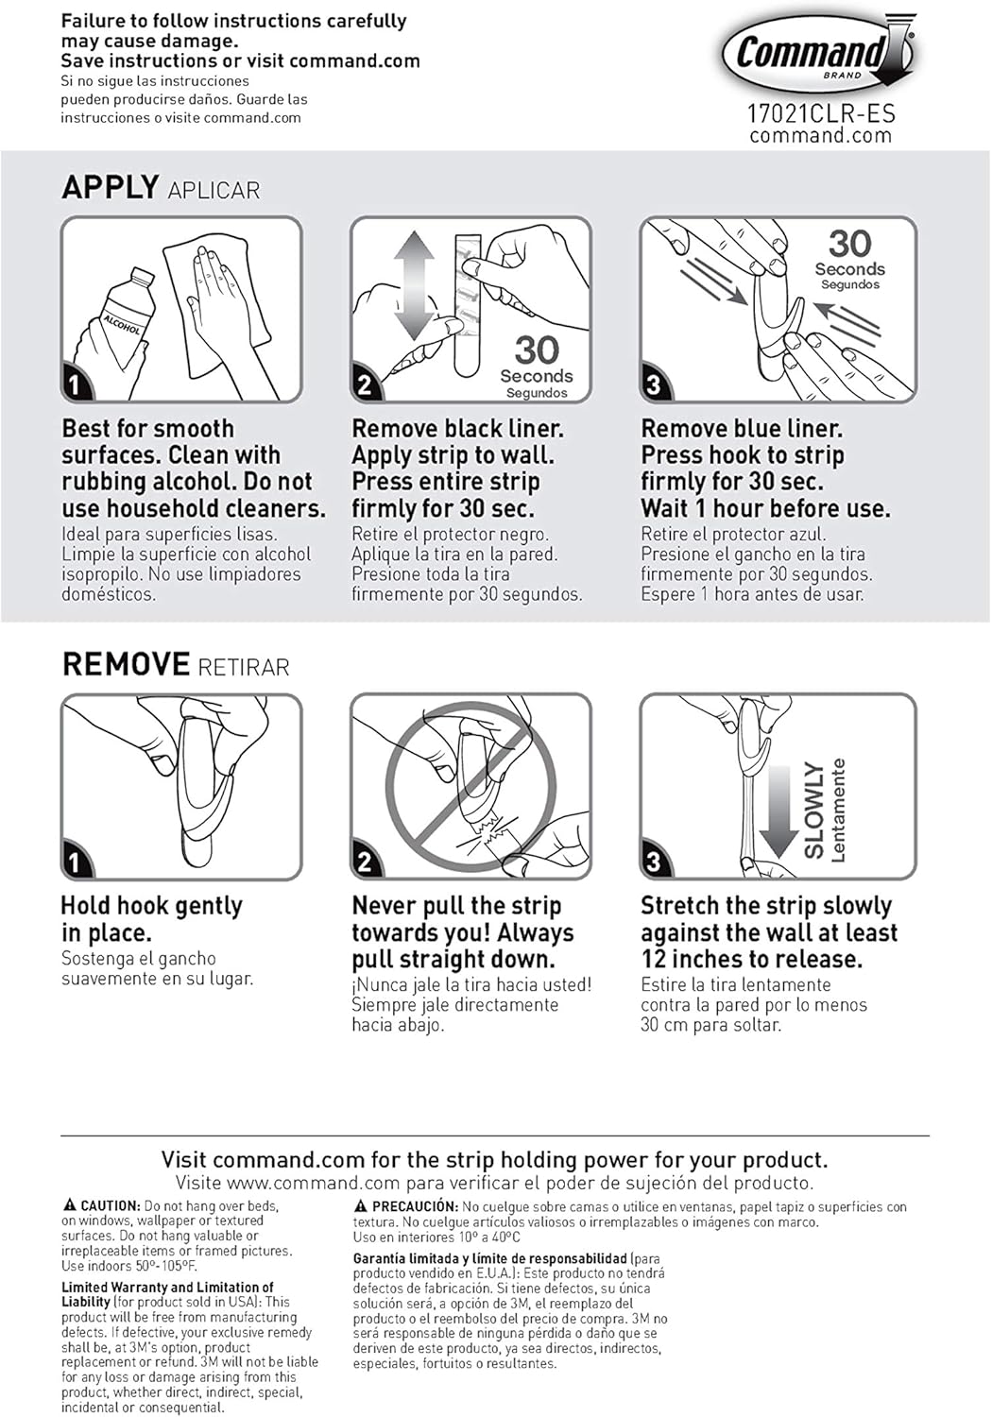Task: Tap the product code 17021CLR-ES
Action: (820, 114)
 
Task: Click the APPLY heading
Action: (110, 187)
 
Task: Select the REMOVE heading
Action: (126, 664)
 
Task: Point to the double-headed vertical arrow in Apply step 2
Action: (414, 284)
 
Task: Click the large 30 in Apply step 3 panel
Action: (849, 244)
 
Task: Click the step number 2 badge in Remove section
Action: (365, 862)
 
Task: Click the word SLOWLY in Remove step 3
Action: (813, 810)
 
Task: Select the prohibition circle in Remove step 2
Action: (470, 783)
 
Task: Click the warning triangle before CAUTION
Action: (69, 1205)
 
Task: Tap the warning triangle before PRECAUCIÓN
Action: (360, 1206)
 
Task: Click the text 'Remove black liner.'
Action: (457, 429)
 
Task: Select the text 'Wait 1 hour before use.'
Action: (765, 508)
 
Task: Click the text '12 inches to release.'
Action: (751, 959)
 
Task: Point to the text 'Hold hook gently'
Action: (151, 906)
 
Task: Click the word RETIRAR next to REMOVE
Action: (244, 667)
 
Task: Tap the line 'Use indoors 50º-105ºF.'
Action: (128, 1266)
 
